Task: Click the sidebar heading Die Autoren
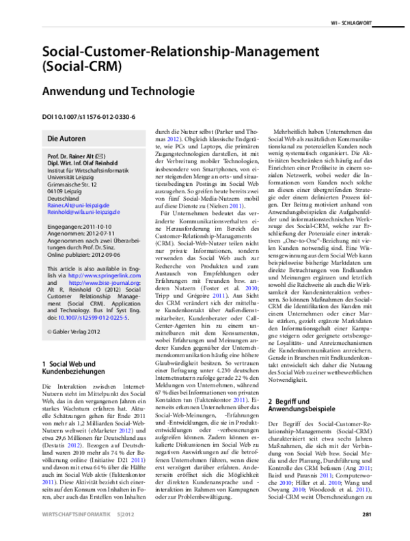66,139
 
